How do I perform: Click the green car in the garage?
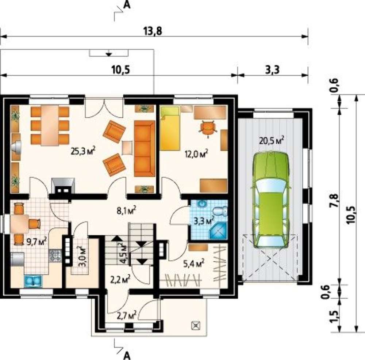pyautogui.click(x=271, y=200)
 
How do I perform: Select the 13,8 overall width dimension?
pyautogui.click(x=153, y=31)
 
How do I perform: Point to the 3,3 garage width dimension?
pyautogui.click(x=272, y=70)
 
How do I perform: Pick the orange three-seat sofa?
pyautogui.click(x=144, y=148)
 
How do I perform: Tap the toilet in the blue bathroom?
pyautogui.click(x=220, y=211)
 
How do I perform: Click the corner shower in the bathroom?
pyautogui.click(x=218, y=231)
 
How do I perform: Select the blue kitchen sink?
pyautogui.click(x=33, y=281)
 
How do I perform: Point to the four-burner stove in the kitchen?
pyautogui.click(x=55, y=255)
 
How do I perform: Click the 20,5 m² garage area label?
pyautogui.click(x=272, y=140)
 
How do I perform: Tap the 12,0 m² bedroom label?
pyautogui.click(x=196, y=154)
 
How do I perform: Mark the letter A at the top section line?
pyautogui.click(x=127, y=4)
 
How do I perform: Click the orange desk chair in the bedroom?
pyautogui.click(x=208, y=129)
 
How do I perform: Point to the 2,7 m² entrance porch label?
pyautogui.click(x=126, y=317)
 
